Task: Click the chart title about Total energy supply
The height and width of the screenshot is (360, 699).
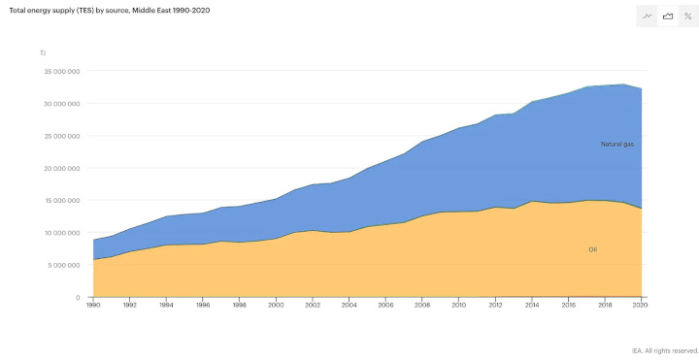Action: point(109,10)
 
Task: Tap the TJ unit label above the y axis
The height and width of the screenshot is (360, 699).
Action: point(43,52)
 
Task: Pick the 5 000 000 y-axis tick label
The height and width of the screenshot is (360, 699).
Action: point(61,265)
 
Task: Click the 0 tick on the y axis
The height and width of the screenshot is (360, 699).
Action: point(78,297)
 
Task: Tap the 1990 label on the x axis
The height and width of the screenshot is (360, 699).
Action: point(92,305)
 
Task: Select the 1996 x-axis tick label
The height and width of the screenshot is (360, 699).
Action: point(202,305)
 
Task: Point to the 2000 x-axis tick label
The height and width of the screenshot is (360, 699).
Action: point(276,305)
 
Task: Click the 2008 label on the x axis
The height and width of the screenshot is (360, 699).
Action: point(422,305)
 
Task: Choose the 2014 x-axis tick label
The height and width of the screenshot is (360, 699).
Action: point(532,305)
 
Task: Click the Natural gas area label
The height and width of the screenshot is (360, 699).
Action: point(616,144)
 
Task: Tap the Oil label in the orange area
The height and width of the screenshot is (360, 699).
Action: point(592,249)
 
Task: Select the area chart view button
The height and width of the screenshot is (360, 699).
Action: point(668,16)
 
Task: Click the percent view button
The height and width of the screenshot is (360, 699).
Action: point(687,16)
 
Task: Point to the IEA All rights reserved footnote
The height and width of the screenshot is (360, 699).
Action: point(665,350)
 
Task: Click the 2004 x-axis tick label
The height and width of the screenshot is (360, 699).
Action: point(349,305)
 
